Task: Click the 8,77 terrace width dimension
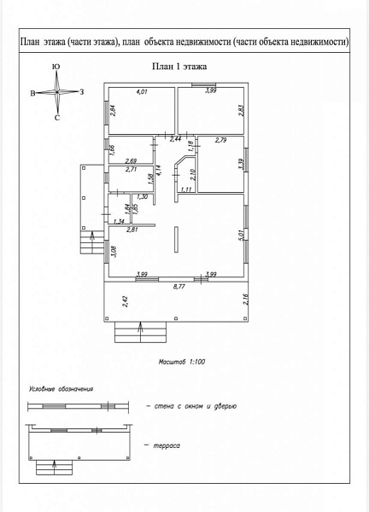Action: click(179, 287)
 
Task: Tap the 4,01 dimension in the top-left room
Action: click(142, 92)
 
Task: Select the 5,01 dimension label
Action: click(241, 236)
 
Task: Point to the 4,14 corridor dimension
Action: click(159, 171)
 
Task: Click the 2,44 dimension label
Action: click(175, 139)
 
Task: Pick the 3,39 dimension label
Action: click(241, 164)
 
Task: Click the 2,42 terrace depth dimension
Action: click(125, 301)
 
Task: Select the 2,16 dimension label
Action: click(246, 300)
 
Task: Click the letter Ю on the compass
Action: click(56, 67)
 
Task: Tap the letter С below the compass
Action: click(57, 118)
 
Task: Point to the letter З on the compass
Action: click(82, 92)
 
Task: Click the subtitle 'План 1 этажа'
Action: click(179, 67)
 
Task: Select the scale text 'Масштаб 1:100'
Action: click(182, 362)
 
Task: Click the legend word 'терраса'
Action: click(167, 445)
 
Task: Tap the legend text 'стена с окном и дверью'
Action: click(196, 406)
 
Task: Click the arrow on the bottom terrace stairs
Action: click(141, 332)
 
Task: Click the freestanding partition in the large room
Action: click(177, 239)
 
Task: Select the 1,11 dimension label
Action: click(186, 189)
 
